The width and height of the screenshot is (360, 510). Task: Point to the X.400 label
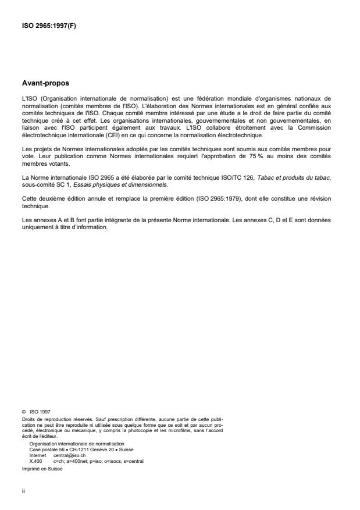[x=34, y=460]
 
